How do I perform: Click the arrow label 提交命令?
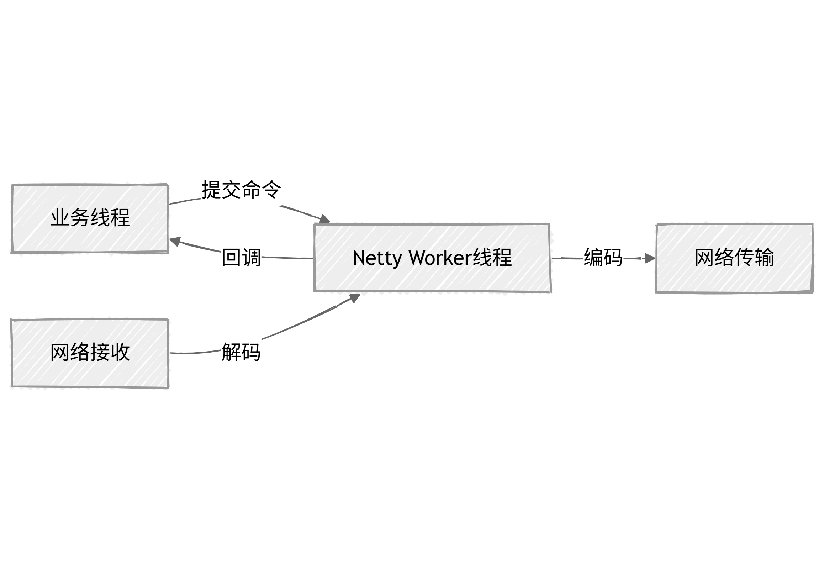pyautogui.click(x=241, y=190)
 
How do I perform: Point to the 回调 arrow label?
pyautogui.click(x=241, y=257)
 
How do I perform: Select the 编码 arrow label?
pyautogui.click(x=603, y=257)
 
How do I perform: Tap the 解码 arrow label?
pyautogui.click(x=241, y=352)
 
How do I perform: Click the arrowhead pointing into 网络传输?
pyautogui.click(x=650, y=258)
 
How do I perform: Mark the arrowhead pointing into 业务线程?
pyautogui.click(x=174, y=242)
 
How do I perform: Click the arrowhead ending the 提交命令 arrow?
pyautogui.click(x=324, y=219)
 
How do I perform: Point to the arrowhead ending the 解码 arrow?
pyautogui.click(x=354, y=297)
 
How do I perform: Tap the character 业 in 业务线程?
pyautogui.click(x=60, y=217)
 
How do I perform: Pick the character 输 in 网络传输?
pyautogui.click(x=764, y=257)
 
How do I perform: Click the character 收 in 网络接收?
pyautogui.click(x=120, y=352)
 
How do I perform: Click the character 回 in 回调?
pyautogui.click(x=231, y=257)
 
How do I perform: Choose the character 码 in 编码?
pyautogui.click(x=613, y=257)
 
